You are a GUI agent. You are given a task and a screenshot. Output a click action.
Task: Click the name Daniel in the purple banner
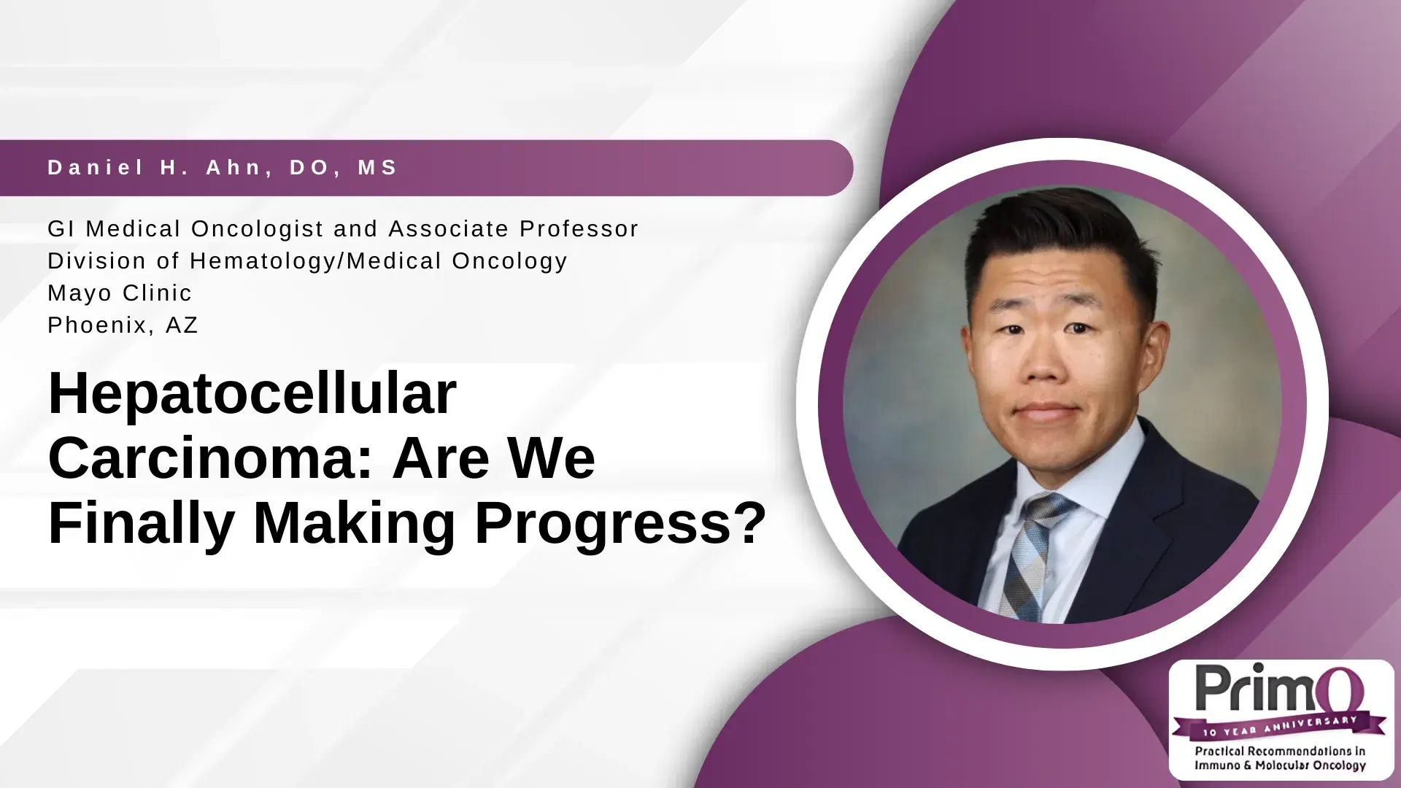click(x=96, y=168)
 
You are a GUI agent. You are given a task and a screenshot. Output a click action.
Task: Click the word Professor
click(x=579, y=229)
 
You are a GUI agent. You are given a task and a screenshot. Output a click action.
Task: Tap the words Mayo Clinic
click(x=120, y=293)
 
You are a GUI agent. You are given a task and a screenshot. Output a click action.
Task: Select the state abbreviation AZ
click(x=182, y=325)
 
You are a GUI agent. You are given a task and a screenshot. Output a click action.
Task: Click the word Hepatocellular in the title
click(x=252, y=395)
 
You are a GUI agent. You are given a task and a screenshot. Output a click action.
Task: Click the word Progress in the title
click(x=603, y=523)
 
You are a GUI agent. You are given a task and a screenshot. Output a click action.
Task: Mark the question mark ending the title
click(x=749, y=522)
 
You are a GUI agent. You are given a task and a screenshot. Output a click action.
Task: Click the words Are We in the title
click(x=494, y=458)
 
